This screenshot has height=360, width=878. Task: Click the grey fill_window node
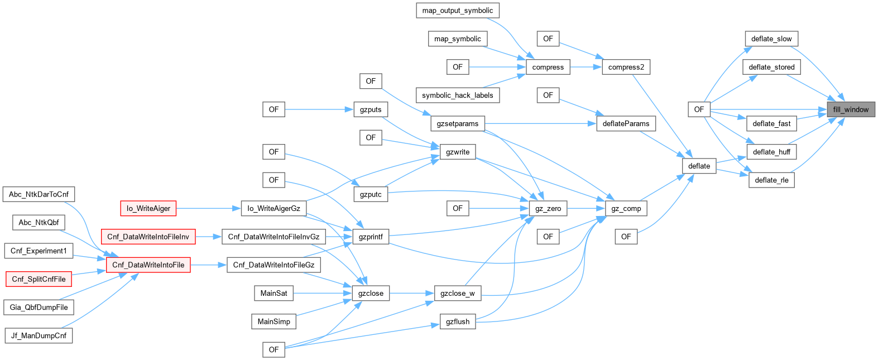tap(851, 109)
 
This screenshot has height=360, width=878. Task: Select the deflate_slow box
tap(771, 39)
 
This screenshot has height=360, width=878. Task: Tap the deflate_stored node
tap(771, 67)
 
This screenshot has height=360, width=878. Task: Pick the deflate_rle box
tap(771, 180)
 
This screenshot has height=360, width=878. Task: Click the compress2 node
tap(626, 67)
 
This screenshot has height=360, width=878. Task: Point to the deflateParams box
tap(626, 124)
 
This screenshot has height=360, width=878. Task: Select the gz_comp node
tap(626, 209)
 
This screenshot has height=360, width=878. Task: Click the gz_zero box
tap(548, 209)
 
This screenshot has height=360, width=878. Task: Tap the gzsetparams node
tap(458, 124)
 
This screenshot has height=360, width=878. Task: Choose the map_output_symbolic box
tap(458, 11)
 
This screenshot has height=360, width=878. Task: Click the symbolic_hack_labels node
tap(458, 95)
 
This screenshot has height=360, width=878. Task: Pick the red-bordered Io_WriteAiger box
tap(148, 209)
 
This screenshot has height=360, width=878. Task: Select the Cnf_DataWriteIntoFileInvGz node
tap(274, 237)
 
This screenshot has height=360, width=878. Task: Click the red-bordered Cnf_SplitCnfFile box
tap(39, 279)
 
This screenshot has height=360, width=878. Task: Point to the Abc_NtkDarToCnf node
tap(39, 194)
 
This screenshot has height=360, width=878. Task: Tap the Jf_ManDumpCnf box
tap(39, 336)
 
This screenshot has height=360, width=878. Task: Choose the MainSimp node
tap(274, 321)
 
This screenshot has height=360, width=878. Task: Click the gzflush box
tap(458, 321)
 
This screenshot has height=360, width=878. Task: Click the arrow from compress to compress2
tap(586, 67)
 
